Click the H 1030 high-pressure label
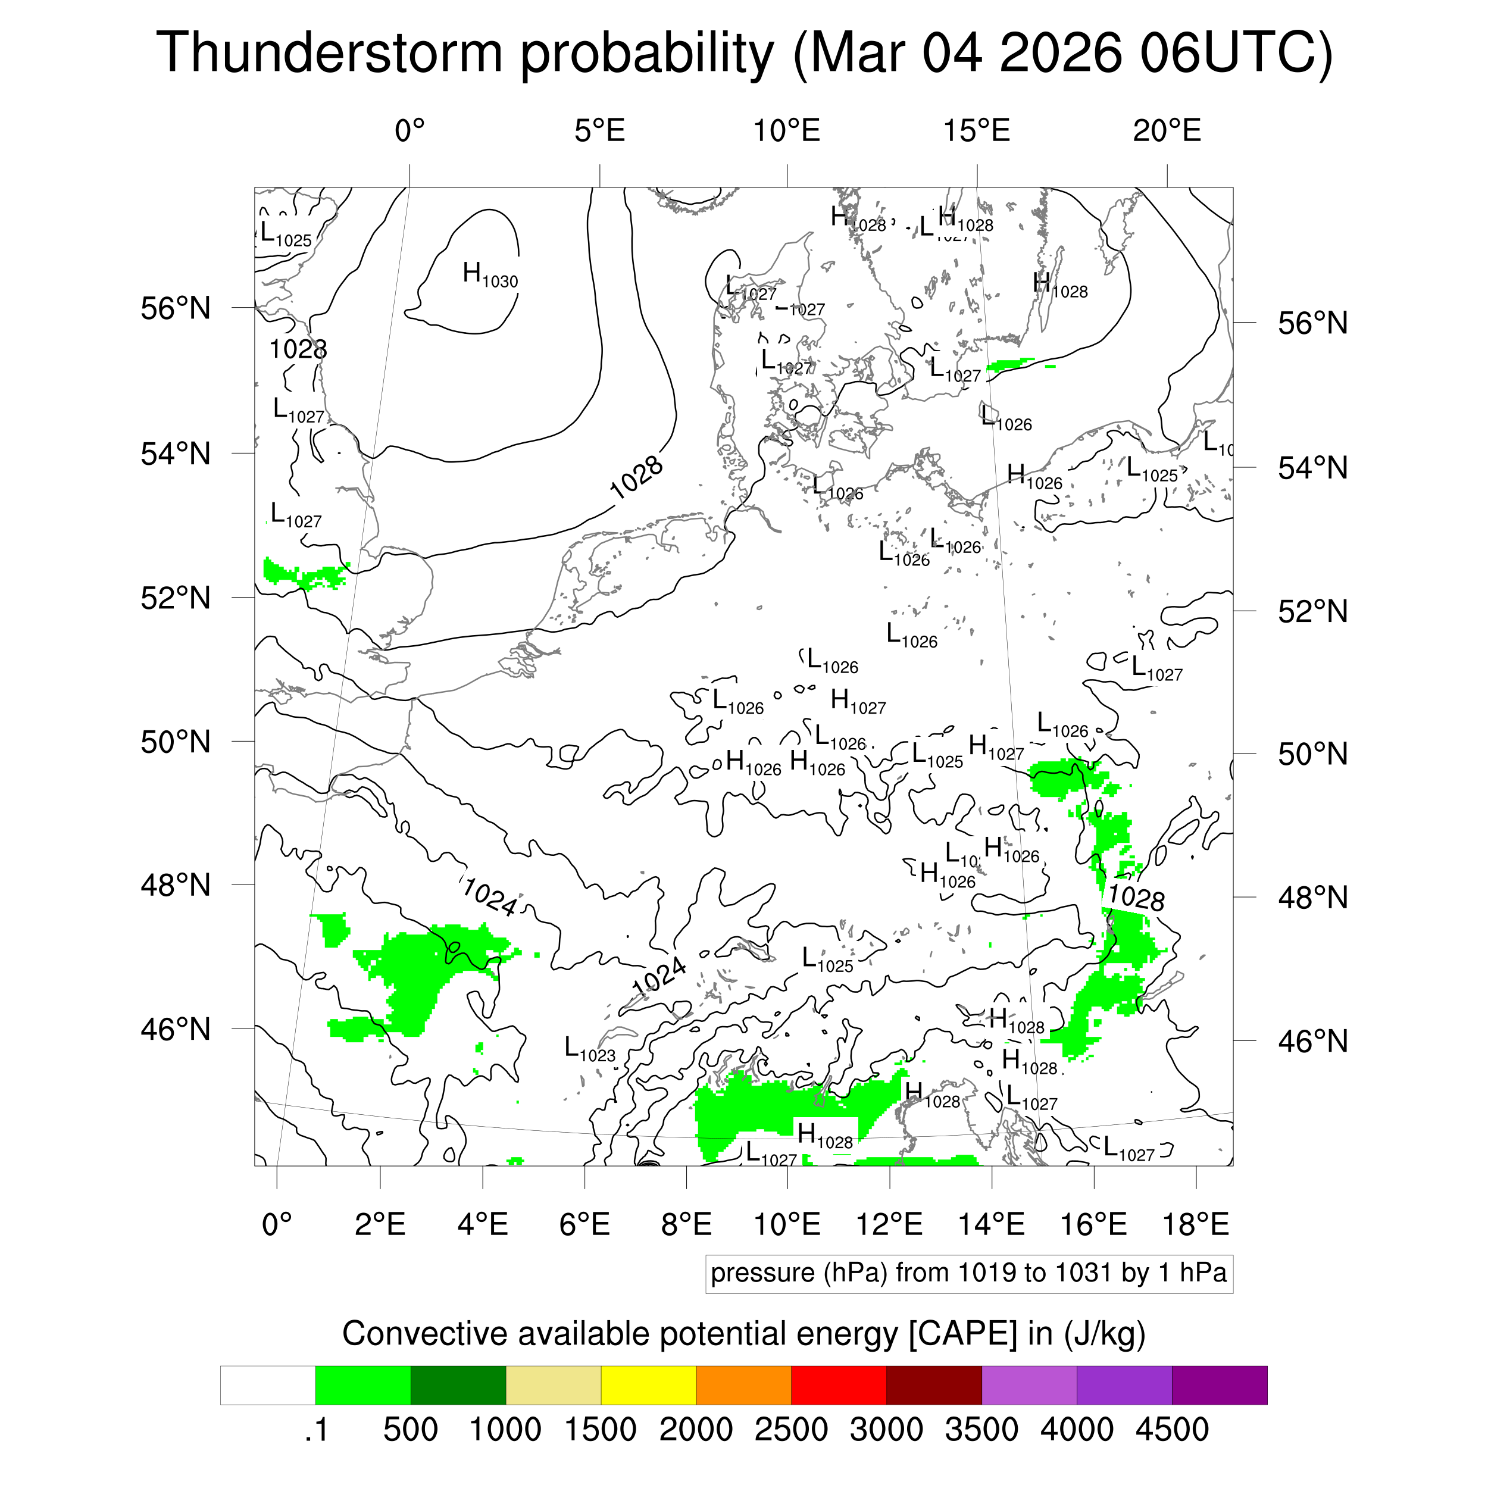tap(489, 275)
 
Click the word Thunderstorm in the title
tap(330, 54)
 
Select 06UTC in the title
tap(1234, 54)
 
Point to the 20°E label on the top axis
tap(1166, 131)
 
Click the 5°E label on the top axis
tap(599, 131)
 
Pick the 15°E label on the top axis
tap(977, 131)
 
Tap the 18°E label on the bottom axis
tap(1195, 1224)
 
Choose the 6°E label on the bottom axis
tap(584, 1224)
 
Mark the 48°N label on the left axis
tap(176, 886)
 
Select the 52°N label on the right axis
tap(1312, 611)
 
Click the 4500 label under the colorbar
tap(1171, 1430)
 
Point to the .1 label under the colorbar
tap(316, 1430)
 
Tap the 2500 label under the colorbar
tap(791, 1430)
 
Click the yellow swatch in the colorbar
tap(649, 1385)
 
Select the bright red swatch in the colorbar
tap(839, 1385)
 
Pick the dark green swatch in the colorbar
tap(458, 1385)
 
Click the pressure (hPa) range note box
tap(968, 1273)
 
